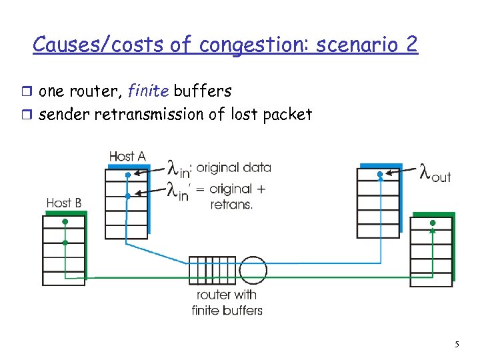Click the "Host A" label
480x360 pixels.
tap(127, 156)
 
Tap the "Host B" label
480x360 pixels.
tap(64, 202)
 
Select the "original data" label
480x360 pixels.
tap(234, 167)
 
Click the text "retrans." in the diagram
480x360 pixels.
tap(232, 205)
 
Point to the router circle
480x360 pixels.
tap(253, 270)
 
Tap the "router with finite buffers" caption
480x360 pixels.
tap(227, 302)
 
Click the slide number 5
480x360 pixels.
tap(457, 345)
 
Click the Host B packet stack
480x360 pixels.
tap(64, 250)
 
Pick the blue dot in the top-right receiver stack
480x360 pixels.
tap(380, 175)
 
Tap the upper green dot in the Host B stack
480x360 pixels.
tap(65, 222)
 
